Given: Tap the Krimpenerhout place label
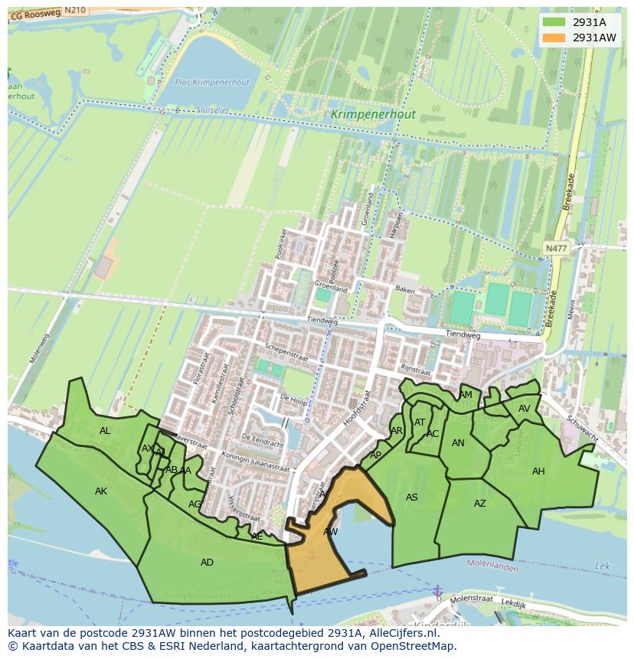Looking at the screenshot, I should (374, 115).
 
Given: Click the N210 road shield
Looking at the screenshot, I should (74, 10).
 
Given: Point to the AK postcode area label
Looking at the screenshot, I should (101, 491).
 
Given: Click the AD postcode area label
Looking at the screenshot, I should (207, 563).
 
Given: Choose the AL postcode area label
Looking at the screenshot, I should (105, 431).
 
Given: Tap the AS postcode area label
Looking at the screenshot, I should (412, 498).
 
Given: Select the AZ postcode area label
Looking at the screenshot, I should (480, 504).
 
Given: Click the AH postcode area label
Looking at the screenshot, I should (538, 471).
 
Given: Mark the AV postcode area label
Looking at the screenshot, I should (525, 409).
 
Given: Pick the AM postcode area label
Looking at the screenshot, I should (466, 395).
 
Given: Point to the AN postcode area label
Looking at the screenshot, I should (458, 443).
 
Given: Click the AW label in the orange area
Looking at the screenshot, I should (330, 531).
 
